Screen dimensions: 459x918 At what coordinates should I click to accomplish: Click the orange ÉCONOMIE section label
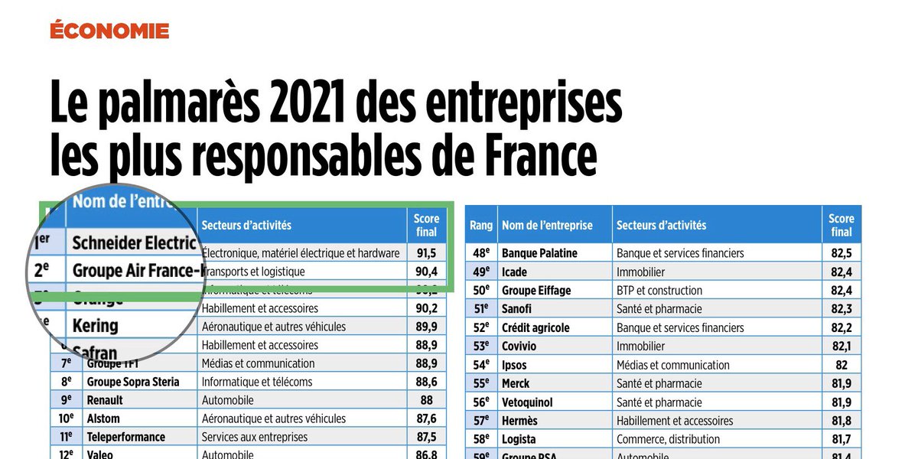[x=109, y=31]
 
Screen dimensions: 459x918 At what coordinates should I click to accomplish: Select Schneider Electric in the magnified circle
[x=134, y=243]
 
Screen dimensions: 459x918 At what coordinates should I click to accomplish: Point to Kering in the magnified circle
[x=95, y=325]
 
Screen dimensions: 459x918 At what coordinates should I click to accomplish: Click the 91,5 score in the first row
[x=427, y=252]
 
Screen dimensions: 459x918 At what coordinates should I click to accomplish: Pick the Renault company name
[x=105, y=400]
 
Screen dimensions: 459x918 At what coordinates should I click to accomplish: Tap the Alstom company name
[x=103, y=418]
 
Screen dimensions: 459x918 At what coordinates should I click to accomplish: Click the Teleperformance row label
[x=125, y=437]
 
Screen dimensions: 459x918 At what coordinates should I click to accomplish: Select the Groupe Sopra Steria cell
[x=133, y=382]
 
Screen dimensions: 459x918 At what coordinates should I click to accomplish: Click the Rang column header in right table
[x=480, y=225]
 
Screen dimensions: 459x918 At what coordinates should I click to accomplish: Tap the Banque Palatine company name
[x=539, y=253]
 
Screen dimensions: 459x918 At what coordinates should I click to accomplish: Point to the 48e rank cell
[x=480, y=253]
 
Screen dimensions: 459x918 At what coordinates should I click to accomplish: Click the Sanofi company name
[x=516, y=309]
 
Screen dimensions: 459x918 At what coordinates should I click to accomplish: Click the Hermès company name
[x=519, y=421]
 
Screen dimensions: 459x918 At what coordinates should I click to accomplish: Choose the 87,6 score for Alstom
[x=427, y=418]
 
